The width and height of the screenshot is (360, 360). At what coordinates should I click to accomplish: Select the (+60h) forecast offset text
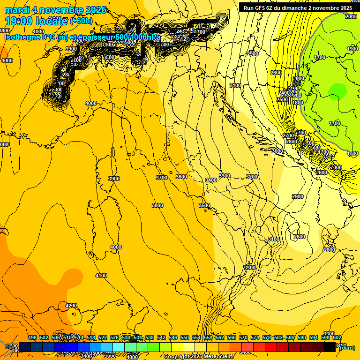[81, 21]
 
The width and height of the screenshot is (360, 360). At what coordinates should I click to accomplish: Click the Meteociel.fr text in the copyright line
[219, 357]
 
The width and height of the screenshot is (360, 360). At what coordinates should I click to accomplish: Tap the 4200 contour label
[71, 306]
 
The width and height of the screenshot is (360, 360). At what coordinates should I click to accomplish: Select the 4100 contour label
[101, 276]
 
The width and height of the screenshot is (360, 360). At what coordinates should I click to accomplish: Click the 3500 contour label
[204, 205]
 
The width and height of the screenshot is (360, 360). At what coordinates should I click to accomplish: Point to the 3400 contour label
[211, 180]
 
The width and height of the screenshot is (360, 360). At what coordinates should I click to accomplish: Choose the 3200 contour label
[252, 177]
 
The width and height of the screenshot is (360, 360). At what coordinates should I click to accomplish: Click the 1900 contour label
[352, 49]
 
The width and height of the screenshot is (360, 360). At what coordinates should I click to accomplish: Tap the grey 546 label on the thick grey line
[297, 83]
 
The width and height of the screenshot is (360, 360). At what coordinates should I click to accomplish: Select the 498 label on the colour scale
[32, 337]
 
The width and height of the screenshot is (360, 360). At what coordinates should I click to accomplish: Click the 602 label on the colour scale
[337, 337]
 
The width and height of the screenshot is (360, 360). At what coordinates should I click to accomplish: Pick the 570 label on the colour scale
[243, 337]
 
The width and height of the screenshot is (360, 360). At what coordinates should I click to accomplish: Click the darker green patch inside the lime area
[337, 90]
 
